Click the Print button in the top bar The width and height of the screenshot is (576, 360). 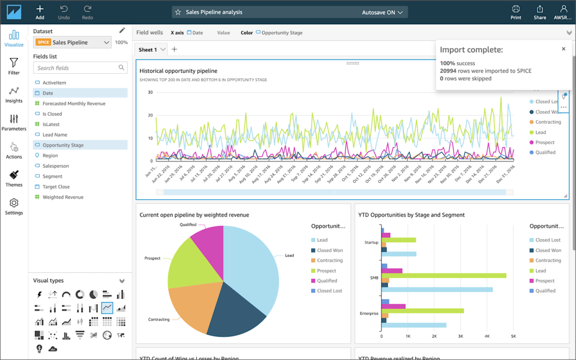point(515,11)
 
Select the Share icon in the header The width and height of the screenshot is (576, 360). point(539,11)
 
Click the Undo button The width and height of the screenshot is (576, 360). point(64,11)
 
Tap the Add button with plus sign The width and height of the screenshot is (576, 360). point(40,11)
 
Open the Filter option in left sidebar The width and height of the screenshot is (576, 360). point(14,66)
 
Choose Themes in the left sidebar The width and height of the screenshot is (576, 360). point(14,178)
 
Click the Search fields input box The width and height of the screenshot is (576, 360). point(76,68)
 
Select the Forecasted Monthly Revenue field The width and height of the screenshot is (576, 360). point(74,103)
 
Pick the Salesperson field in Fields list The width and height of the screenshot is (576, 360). point(56,166)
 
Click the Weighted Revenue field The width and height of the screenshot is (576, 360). point(63,197)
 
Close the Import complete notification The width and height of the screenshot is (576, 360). point(563,49)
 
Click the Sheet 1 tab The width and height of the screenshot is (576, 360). point(148,49)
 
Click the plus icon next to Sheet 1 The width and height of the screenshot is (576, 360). point(174,49)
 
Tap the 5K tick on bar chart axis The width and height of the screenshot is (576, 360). point(512,336)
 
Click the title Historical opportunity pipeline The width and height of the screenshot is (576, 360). point(178,71)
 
